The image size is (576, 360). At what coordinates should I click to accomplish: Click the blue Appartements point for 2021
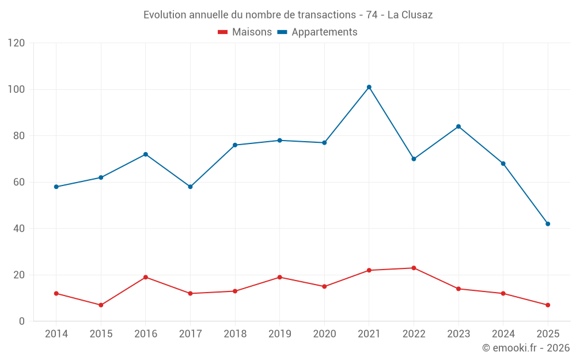click(x=369, y=87)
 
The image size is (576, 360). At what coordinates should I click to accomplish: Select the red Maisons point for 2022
click(x=414, y=268)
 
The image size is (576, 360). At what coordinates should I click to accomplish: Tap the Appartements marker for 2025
click(x=548, y=224)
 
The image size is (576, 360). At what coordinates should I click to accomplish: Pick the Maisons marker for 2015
click(x=101, y=305)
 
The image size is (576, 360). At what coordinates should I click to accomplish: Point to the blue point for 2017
click(x=190, y=187)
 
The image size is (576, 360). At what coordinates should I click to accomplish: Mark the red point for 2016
click(x=146, y=277)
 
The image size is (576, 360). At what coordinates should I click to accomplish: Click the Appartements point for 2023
click(x=458, y=127)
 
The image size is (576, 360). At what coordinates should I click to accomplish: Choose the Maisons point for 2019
click(x=279, y=277)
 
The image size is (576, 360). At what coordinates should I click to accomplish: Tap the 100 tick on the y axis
click(x=17, y=89)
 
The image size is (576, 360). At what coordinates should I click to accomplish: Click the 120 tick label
click(x=17, y=43)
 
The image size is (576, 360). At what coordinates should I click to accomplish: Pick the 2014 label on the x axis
click(x=56, y=334)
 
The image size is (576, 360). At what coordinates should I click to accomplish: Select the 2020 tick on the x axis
click(x=324, y=334)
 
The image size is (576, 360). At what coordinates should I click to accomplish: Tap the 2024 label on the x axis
click(x=503, y=334)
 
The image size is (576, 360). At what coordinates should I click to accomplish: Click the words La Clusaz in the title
click(x=410, y=15)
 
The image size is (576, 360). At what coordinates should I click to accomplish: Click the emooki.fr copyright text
click(x=526, y=348)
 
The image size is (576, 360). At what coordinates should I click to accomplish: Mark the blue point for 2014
click(x=56, y=187)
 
